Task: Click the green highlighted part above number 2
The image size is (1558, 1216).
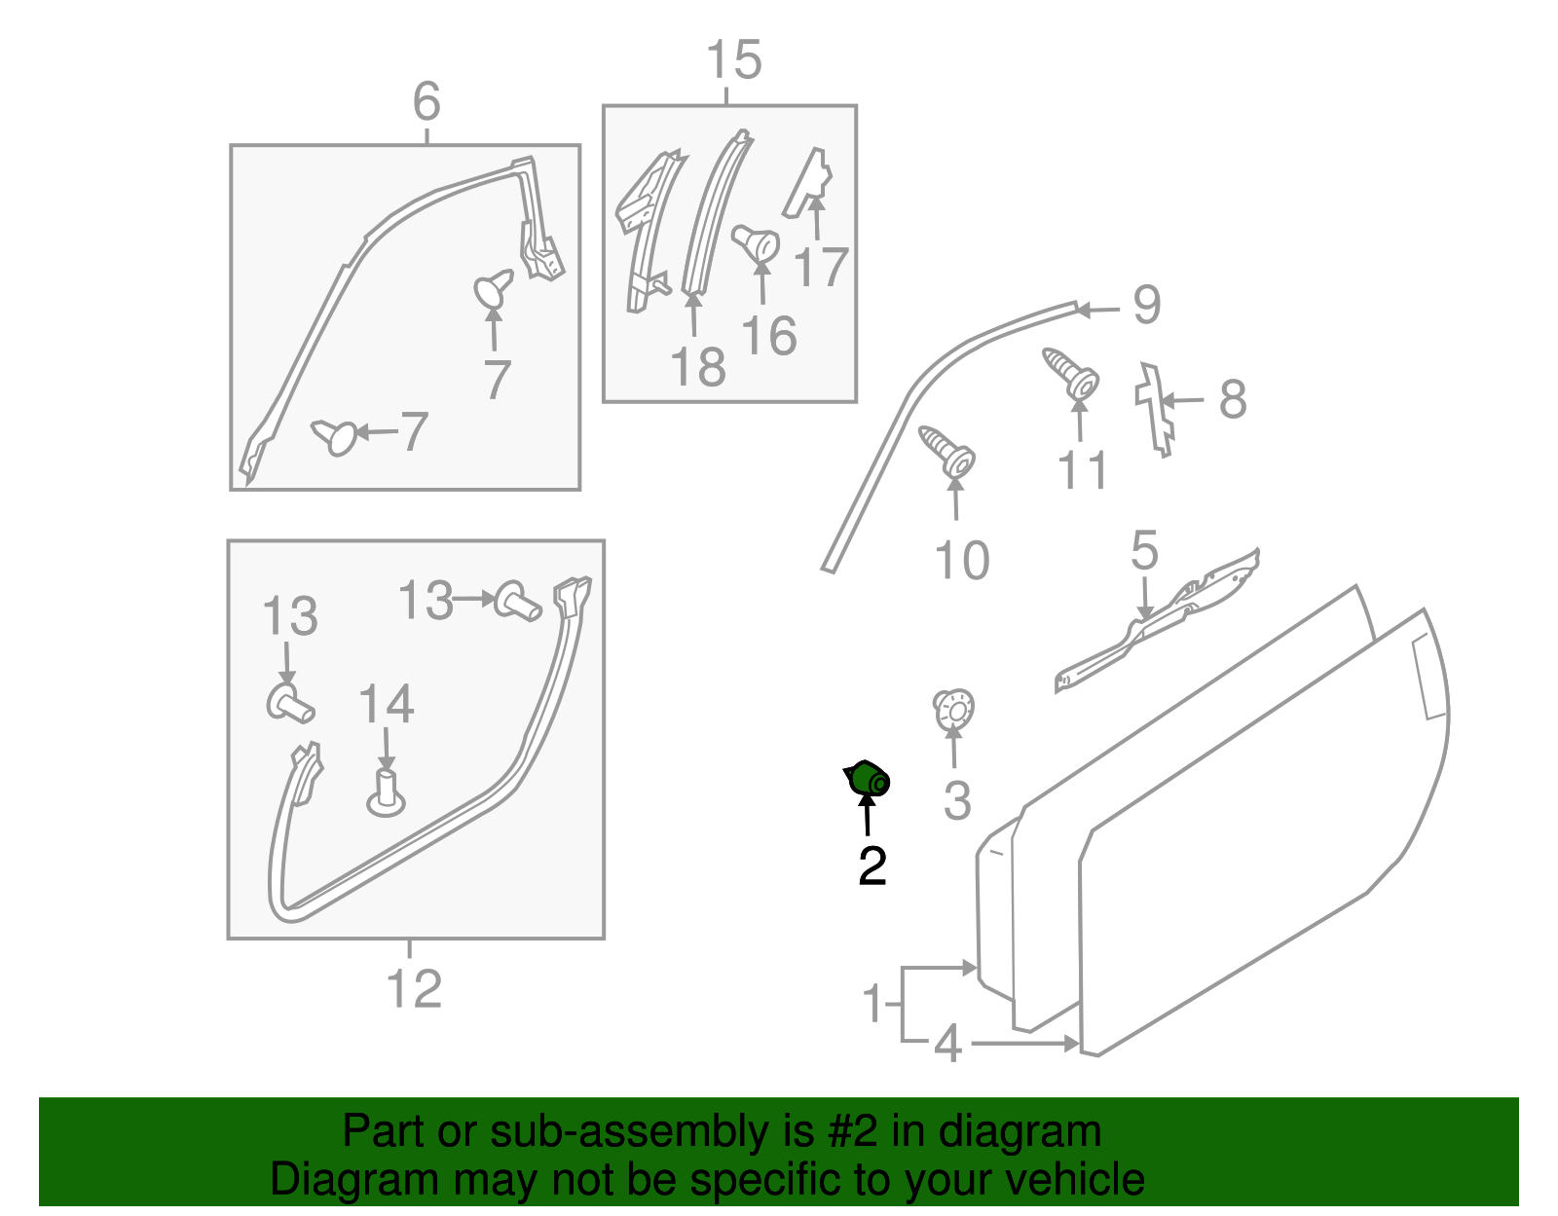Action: pyautogui.click(x=868, y=778)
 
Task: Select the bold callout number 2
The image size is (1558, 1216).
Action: pyautogui.click(x=872, y=866)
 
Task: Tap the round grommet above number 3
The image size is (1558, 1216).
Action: pyautogui.click(x=953, y=710)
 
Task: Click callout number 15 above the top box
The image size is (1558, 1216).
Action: pyautogui.click(x=733, y=59)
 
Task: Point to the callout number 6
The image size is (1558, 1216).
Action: pyautogui.click(x=427, y=101)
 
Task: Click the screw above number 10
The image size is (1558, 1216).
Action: pyautogui.click(x=946, y=451)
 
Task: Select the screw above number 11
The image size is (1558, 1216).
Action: pyautogui.click(x=1070, y=374)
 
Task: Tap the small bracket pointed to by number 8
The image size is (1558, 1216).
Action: pyautogui.click(x=1154, y=410)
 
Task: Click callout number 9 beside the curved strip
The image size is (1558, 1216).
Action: pyautogui.click(x=1146, y=306)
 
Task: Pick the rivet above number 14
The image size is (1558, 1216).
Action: pyautogui.click(x=386, y=792)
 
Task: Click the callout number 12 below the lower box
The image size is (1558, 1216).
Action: pyautogui.click(x=414, y=989)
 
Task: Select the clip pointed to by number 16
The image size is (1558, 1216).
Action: pyautogui.click(x=756, y=243)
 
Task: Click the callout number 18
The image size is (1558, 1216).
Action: pyautogui.click(x=698, y=367)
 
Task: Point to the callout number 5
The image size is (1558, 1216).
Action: pyautogui.click(x=1144, y=551)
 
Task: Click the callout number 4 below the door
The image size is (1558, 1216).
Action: pyautogui.click(x=947, y=1044)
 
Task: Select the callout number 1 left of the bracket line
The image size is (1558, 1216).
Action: pyautogui.click(x=872, y=1003)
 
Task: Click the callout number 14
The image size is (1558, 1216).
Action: pyautogui.click(x=386, y=704)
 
